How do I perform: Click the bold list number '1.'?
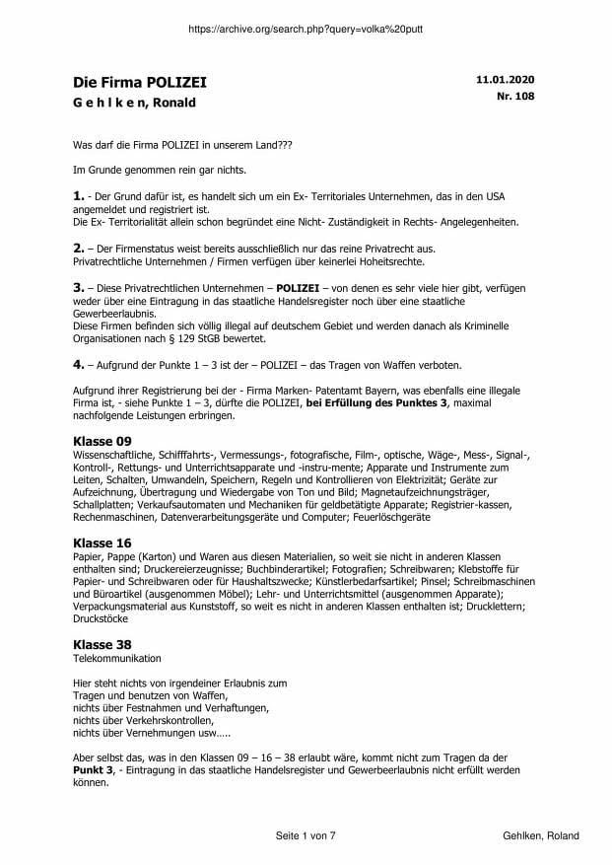click(80, 197)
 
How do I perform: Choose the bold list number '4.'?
click(80, 363)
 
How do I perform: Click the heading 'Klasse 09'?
click(102, 440)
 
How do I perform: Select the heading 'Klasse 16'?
click(102, 543)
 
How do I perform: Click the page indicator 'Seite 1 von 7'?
click(306, 835)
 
